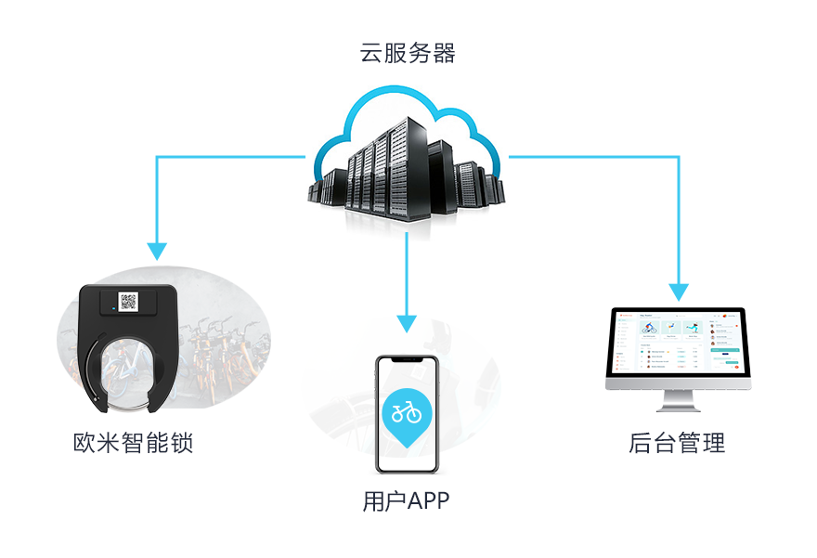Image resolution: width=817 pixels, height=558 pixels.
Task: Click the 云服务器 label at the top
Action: [408, 53]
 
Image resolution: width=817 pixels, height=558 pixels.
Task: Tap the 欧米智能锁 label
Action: [133, 442]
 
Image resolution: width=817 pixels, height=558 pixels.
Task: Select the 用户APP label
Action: [406, 502]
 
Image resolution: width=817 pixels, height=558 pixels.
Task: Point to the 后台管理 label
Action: [677, 442]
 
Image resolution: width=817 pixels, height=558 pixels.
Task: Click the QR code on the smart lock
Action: [128, 301]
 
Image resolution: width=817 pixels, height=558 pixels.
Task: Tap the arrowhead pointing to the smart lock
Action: [157, 250]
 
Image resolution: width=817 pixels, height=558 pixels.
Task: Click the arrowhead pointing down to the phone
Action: [406, 323]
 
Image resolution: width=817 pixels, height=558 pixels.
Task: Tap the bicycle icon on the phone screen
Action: [407, 410]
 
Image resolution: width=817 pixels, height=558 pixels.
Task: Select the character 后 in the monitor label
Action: [641, 442]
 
